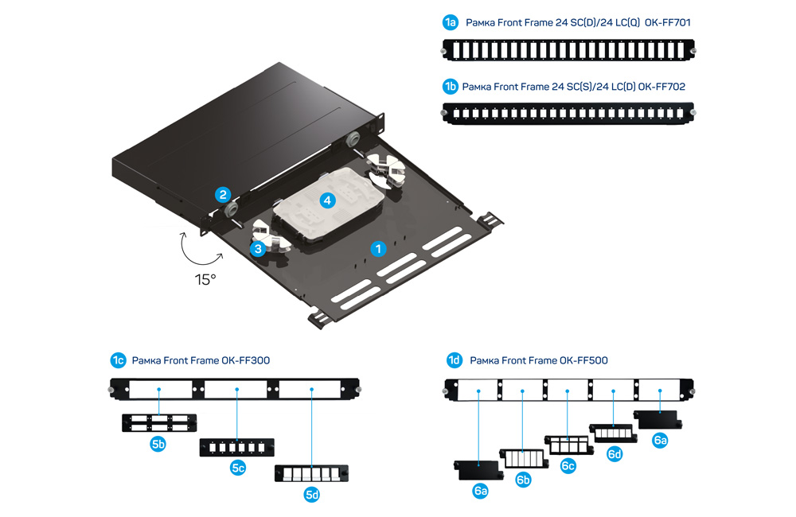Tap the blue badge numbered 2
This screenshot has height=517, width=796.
pyautogui.click(x=224, y=194)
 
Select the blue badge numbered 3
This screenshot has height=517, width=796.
pyautogui.click(x=257, y=249)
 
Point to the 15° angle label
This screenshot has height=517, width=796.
pyautogui.click(x=206, y=279)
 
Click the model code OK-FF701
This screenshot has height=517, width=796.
pyautogui.click(x=668, y=22)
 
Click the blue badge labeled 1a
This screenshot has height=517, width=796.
pyautogui.click(x=451, y=22)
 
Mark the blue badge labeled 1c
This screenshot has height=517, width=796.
pyautogui.click(x=118, y=360)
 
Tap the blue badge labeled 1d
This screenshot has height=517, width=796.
pyautogui.click(x=454, y=360)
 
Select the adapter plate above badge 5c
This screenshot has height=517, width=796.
pyautogui.click(x=237, y=447)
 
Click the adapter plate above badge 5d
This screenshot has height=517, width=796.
pyautogui.click(x=311, y=474)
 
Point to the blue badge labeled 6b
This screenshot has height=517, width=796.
pyautogui.click(x=523, y=480)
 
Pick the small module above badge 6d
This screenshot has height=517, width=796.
pyautogui.click(x=613, y=432)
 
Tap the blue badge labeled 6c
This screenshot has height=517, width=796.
pyautogui.click(x=568, y=466)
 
